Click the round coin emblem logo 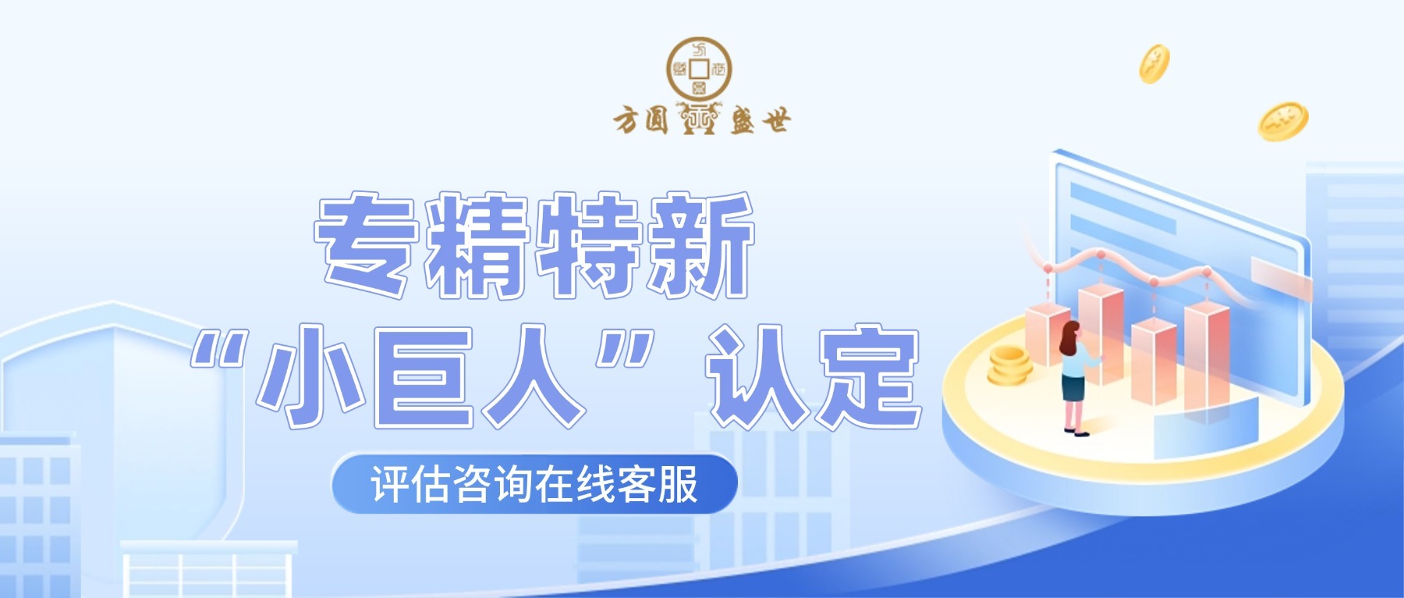point(699,69)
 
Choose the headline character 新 point(699,245)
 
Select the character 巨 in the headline point(423,376)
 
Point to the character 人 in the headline point(534,376)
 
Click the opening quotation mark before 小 point(222,348)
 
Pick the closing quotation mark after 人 point(624,348)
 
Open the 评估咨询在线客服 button point(534,484)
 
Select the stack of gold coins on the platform point(1009,365)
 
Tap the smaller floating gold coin point(1154,63)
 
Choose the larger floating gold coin point(1282,121)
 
